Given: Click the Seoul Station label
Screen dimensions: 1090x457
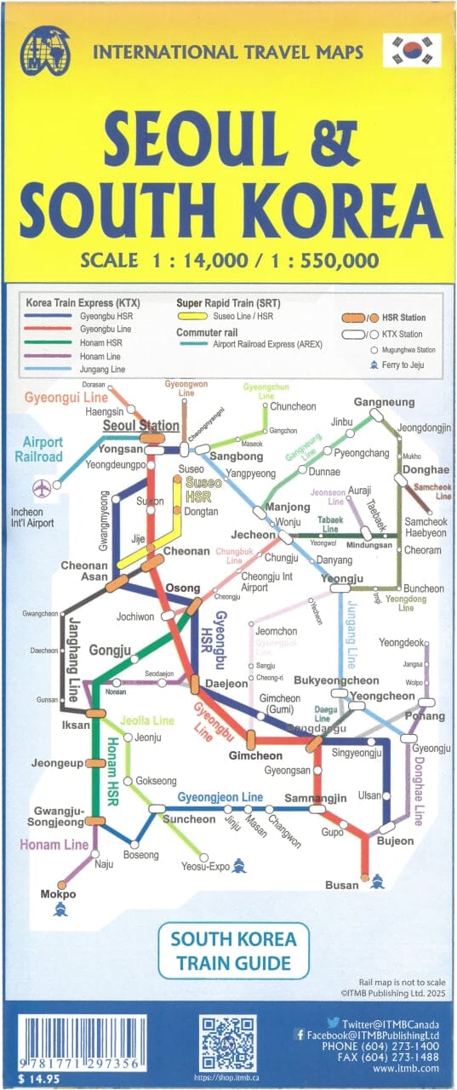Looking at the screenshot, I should point(141,426).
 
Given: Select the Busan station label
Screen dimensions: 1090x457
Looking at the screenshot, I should point(342,885).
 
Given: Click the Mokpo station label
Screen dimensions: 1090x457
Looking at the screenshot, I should point(58,894).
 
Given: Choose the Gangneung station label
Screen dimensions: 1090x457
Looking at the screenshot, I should point(384,402).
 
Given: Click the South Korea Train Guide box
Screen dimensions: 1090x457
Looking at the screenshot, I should point(234,951).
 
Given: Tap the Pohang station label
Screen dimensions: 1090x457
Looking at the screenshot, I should point(425,716).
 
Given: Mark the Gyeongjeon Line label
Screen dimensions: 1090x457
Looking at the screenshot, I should point(220,797).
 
